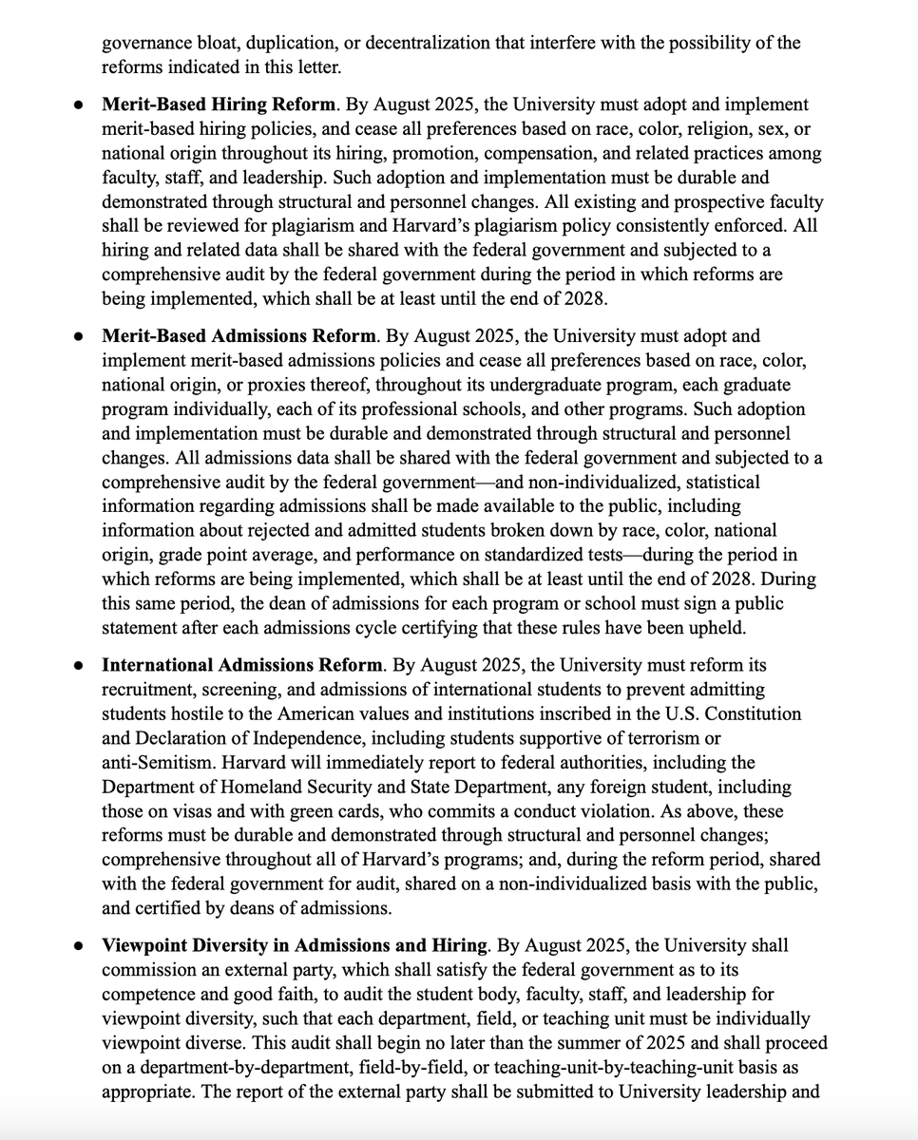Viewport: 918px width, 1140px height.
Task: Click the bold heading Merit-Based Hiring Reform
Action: pos(219,104)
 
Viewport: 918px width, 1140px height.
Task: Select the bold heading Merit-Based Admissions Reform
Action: pos(239,336)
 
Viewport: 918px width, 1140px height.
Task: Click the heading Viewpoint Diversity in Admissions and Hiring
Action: pos(295,946)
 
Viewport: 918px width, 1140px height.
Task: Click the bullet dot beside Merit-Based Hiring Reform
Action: pos(79,105)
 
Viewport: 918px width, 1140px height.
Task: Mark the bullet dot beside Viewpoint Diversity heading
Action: pos(79,947)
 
